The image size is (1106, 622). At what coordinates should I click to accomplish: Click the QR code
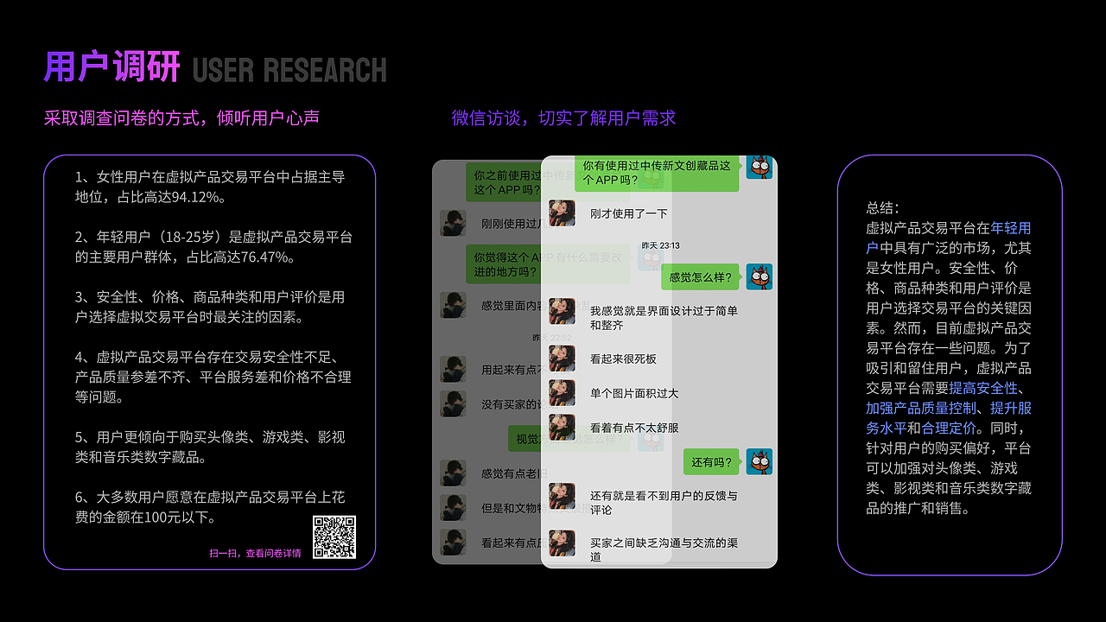pyautogui.click(x=334, y=537)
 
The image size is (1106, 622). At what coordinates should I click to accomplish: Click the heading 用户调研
pyautogui.click(x=112, y=67)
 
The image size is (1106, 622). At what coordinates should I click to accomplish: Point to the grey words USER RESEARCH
pyautogui.click(x=289, y=70)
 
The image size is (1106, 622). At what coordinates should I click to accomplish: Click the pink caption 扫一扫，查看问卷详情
pyautogui.click(x=255, y=554)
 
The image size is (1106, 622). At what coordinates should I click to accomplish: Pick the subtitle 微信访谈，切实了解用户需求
pyautogui.click(x=563, y=118)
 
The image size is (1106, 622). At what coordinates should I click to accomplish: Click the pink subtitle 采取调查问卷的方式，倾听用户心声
pyautogui.click(x=181, y=118)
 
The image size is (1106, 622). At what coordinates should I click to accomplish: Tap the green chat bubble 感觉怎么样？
pyautogui.click(x=701, y=277)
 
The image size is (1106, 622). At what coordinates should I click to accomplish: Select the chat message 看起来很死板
pyautogui.click(x=623, y=359)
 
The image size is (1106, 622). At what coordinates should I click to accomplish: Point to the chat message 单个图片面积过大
pyautogui.click(x=634, y=394)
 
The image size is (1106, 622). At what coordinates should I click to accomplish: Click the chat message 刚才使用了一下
pyautogui.click(x=628, y=213)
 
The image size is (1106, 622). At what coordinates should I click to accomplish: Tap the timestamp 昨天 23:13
pyautogui.click(x=660, y=245)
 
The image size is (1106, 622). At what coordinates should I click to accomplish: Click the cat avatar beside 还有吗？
pyautogui.click(x=760, y=462)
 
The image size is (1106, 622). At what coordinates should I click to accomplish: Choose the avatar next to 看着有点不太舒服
pyautogui.click(x=562, y=428)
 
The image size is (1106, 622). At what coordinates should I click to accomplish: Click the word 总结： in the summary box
pyautogui.click(x=882, y=208)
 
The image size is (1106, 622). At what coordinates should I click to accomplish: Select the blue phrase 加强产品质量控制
pyautogui.click(x=921, y=408)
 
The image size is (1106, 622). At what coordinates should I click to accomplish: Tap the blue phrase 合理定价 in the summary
pyautogui.click(x=949, y=428)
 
